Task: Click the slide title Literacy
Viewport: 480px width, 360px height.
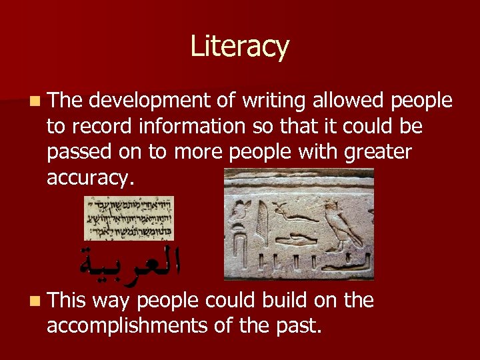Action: click(239, 47)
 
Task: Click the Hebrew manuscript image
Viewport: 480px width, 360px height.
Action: click(129, 218)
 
